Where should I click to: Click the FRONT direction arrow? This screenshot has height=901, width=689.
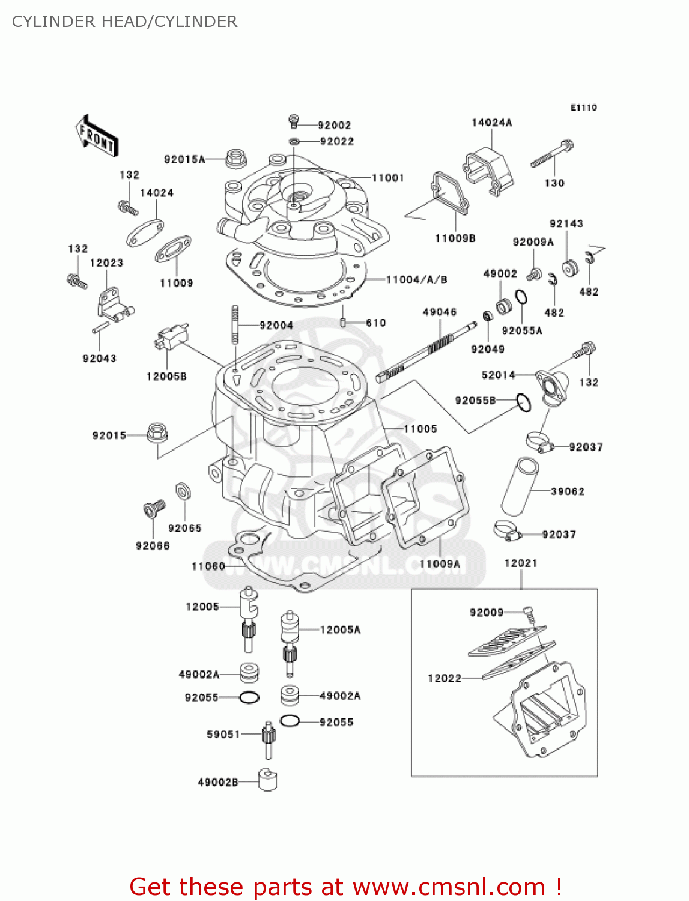97,136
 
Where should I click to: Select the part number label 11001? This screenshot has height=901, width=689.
387,178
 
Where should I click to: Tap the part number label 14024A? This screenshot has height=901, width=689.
491,123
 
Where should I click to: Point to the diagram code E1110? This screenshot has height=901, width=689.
583,108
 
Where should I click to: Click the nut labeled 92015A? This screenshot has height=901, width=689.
236,159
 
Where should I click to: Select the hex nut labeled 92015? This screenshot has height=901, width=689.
157,432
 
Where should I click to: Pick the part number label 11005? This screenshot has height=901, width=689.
420,429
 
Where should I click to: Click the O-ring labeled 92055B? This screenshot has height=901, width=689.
524,402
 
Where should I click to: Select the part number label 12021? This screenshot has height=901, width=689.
520,563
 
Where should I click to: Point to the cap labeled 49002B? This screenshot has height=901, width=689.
268,780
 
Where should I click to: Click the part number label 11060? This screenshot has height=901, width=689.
208,566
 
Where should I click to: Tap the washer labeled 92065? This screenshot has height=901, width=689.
183,491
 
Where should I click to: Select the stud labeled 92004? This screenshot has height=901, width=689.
235,325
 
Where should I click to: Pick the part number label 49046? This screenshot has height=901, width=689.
439,312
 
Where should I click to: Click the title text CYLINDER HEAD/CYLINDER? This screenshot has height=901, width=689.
124,22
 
